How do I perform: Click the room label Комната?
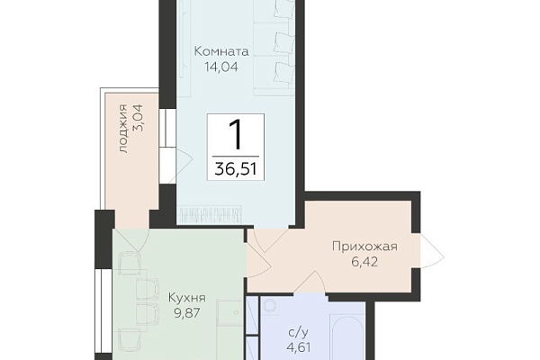(221, 51)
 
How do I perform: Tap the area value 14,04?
(221, 67)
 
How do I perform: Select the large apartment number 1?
(237, 134)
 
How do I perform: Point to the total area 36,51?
(236, 169)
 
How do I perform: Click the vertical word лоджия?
(123, 128)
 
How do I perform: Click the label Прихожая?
(364, 247)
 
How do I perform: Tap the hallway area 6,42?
(364, 262)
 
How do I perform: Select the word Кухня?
(187, 298)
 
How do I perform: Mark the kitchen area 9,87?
(187, 313)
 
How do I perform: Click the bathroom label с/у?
(298, 332)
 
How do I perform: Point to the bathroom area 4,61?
(299, 347)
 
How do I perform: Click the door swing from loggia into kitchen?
(130, 239)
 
